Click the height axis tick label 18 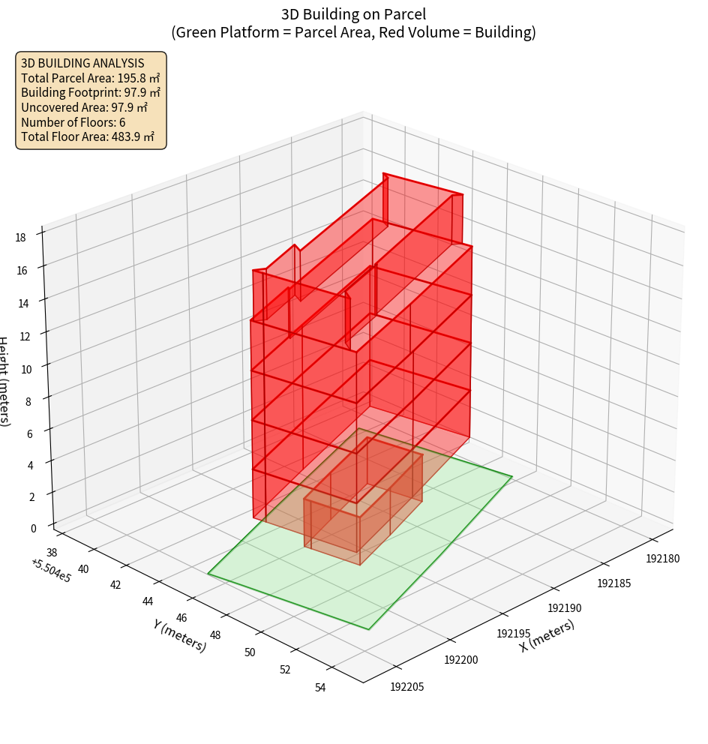coord(20,237)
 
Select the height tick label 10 coord(27,368)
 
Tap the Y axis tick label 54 coord(320,687)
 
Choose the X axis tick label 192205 coord(407,685)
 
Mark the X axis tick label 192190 coord(565,607)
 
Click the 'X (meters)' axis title coord(547,635)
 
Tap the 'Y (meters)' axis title coord(180,634)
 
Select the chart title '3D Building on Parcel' coord(353,13)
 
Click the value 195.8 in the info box coord(132,78)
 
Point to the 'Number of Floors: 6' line coord(73,122)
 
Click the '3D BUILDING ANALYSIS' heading coord(82,63)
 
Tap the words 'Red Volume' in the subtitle coord(431,32)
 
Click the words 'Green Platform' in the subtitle coord(217,32)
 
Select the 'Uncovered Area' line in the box coord(91,108)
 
